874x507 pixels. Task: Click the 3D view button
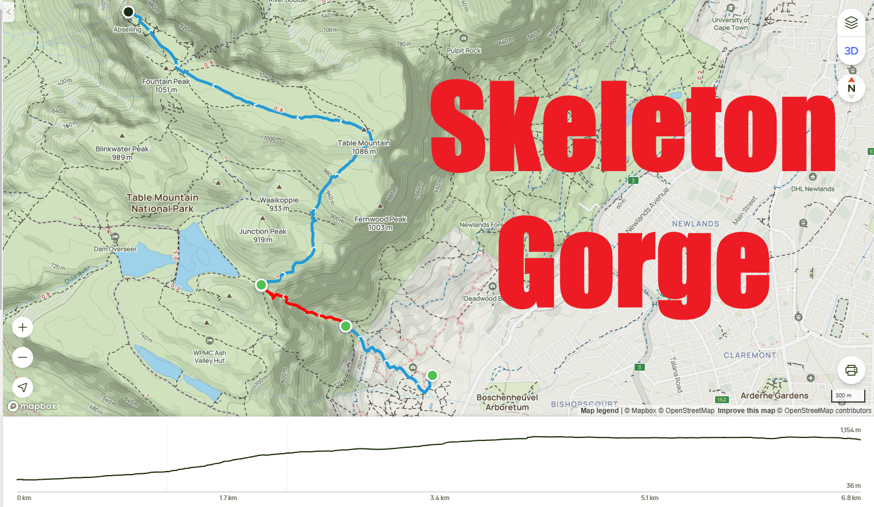[851, 51]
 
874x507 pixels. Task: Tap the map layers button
[851, 23]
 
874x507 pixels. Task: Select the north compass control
[851, 88]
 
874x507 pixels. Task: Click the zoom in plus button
[23, 327]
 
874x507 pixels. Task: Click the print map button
[851, 370]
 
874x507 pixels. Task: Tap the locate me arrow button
[23, 388]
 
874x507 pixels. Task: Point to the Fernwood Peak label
[380, 223]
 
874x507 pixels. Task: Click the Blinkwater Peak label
[122, 153]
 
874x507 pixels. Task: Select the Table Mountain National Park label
[162, 203]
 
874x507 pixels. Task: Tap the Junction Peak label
[263, 235]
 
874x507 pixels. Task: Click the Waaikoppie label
[279, 204]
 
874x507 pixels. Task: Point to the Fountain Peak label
[166, 85]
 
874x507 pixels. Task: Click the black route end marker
[129, 12]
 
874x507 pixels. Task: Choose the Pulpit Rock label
[463, 50]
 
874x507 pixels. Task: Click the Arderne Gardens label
[774, 396]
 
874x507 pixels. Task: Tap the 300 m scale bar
[847, 396]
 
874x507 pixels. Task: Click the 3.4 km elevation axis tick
[440, 498]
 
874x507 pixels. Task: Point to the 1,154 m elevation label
[850, 430]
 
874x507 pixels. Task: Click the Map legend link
[599, 411]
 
